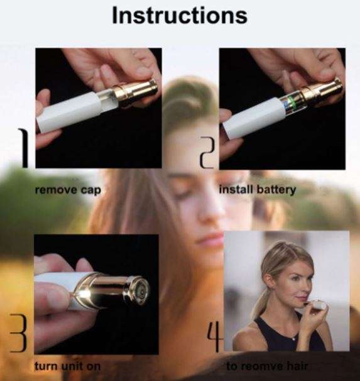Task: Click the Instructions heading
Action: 179,16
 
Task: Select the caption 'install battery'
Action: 257,189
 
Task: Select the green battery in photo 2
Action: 290,100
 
